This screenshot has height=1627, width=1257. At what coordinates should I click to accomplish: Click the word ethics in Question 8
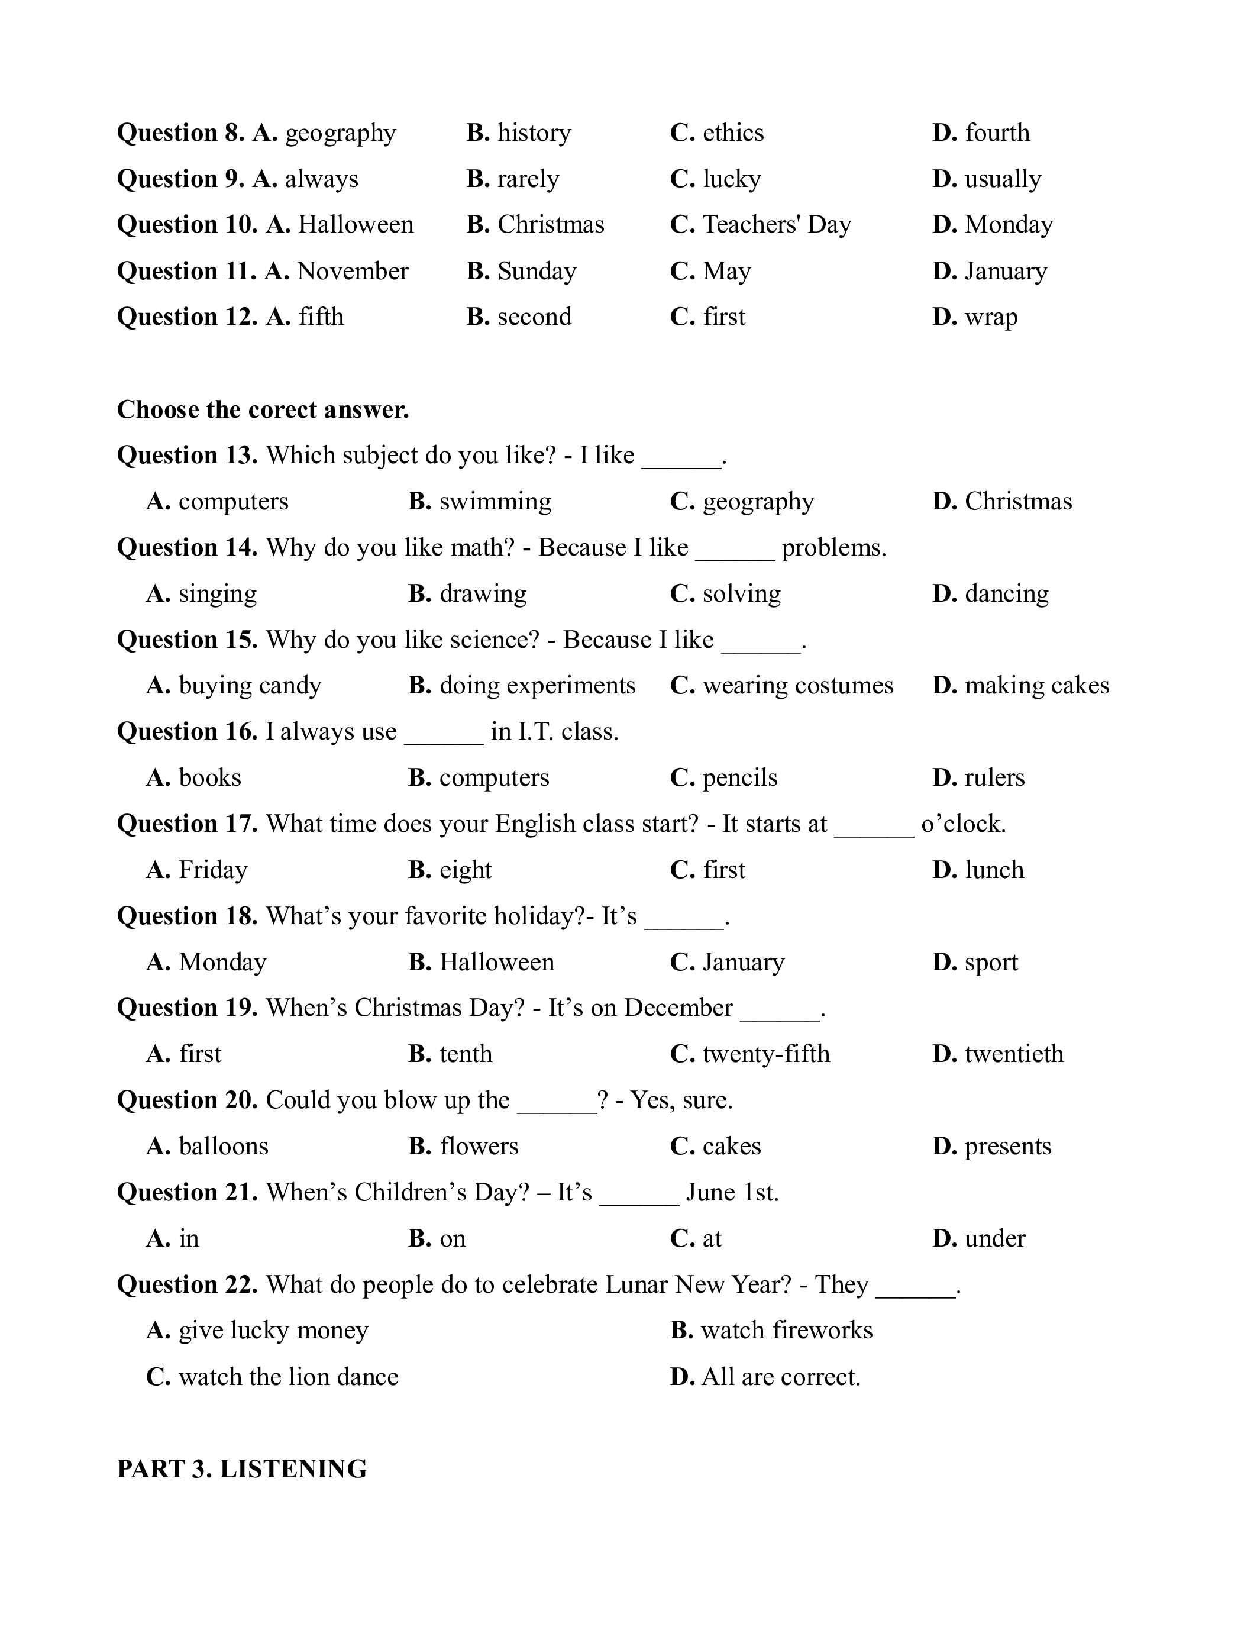(x=733, y=133)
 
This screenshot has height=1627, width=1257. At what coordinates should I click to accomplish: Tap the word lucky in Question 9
(x=731, y=179)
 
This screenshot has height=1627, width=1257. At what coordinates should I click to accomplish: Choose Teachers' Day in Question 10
(x=776, y=224)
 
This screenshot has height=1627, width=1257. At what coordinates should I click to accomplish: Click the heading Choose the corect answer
(x=263, y=410)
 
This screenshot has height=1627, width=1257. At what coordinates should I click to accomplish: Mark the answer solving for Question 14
(x=741, y=594)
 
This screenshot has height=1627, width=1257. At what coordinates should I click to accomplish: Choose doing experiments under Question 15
(x=537, y=685)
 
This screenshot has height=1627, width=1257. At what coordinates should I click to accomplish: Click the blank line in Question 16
(x=444, y=733)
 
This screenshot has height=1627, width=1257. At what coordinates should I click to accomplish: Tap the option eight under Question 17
(x=466, y=870)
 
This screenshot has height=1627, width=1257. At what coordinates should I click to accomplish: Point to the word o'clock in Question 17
(x=964, y=824)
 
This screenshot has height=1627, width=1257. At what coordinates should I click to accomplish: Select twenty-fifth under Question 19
(x=765, y=1054)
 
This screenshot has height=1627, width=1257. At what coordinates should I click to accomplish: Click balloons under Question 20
(x=224, y=1146)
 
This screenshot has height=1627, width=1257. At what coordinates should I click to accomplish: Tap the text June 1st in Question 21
(x=732, y=1193)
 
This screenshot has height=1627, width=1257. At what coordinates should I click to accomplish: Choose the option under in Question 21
(x=995, y=1239)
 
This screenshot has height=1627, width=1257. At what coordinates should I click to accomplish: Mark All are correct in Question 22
(x=780, y=1377)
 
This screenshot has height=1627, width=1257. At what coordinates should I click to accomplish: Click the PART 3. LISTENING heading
(x=242, y=1469)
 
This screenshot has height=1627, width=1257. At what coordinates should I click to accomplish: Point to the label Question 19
(x=187, y=1008)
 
